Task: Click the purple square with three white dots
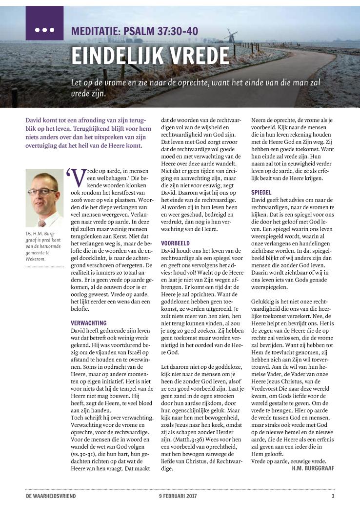(x=44, y=23)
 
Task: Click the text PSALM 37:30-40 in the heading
(x=160, y=32)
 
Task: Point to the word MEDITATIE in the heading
(x=96, y=32)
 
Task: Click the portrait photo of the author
(x=44, y=198)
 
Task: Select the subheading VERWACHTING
(x=88, y=322)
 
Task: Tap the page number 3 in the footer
(x=333, y=496)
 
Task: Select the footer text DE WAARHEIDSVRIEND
(x=51, y=496)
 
